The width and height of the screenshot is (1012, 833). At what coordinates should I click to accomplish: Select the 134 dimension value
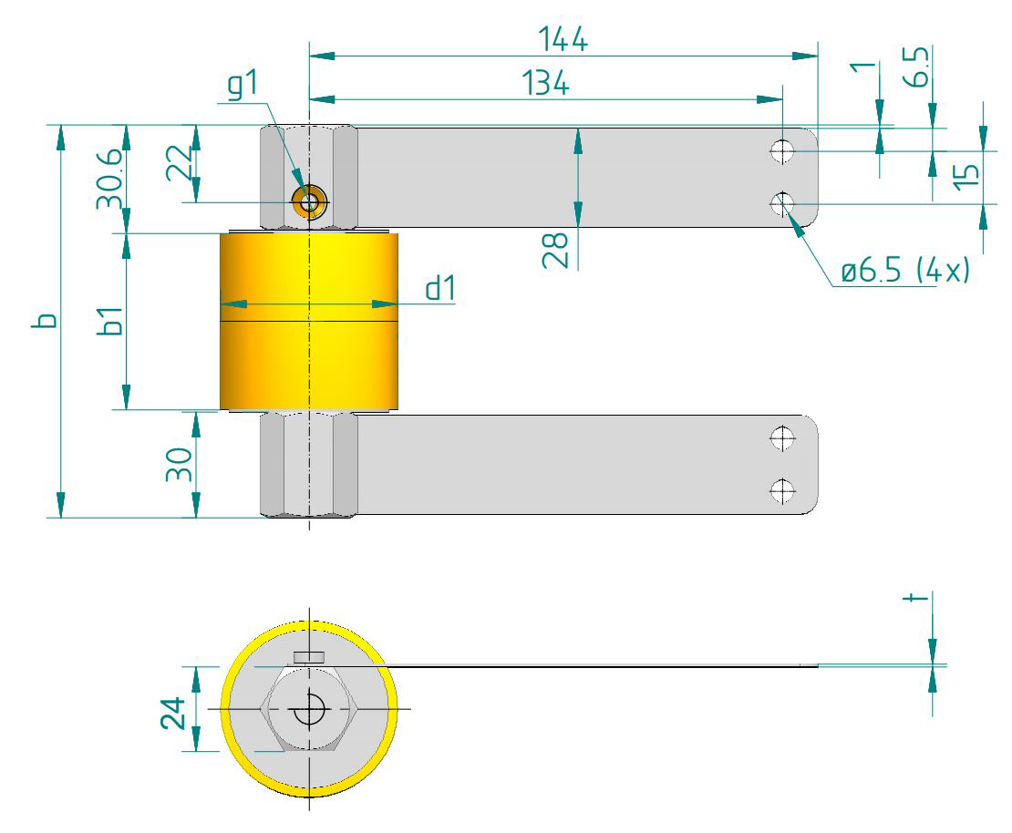click(545, 84)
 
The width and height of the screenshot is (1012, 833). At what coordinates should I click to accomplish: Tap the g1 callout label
click(243, 85)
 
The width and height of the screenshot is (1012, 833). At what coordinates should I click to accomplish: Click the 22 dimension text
click(181, 165)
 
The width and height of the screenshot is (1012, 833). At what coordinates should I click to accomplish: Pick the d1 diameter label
click(439, 288)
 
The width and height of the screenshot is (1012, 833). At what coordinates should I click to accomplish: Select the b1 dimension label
click(109, 322)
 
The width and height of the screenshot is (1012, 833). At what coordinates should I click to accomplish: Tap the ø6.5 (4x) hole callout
click(904, 272)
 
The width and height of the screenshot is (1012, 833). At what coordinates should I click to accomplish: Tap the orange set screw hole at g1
click(308, 201)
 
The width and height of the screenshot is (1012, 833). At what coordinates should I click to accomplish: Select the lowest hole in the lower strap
click(781, 491)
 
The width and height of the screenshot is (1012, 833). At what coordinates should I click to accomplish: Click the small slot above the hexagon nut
click(309, 656)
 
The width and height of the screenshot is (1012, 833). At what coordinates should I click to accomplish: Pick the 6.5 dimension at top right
click(920, 67)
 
